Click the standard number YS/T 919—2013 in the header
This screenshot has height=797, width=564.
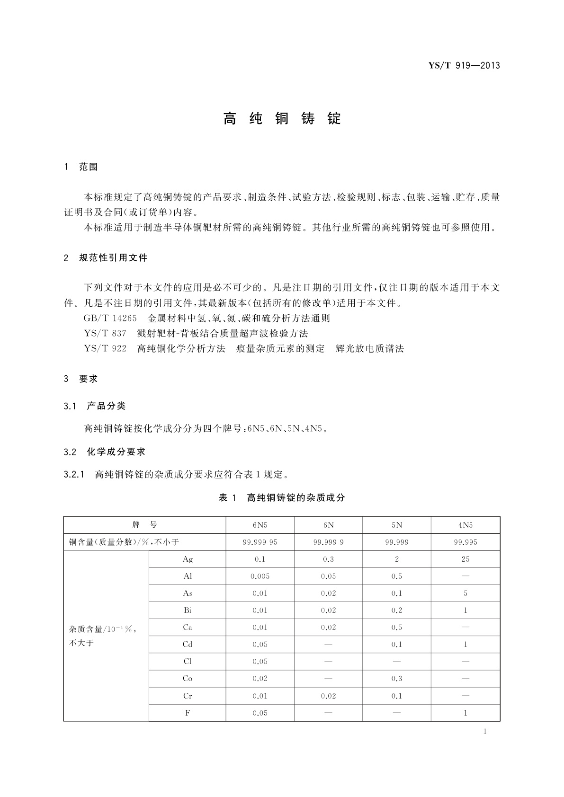click(464, 66)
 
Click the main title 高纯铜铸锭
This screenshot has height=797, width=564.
click(282, 118)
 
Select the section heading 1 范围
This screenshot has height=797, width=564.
click(81, 167)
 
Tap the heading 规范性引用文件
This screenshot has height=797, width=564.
click(113, 258)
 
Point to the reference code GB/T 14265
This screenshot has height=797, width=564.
click(110, 319)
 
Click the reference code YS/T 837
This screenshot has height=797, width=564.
click(105, 334)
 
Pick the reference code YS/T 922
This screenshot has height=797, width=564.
click(105, 349)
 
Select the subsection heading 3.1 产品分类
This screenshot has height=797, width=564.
click(95, 406)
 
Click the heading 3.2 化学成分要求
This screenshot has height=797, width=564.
click(104, 452)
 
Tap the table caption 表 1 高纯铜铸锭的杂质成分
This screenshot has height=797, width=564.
click(282, 497)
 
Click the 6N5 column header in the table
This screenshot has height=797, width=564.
click(260, 525)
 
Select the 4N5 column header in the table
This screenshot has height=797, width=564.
click(465, 525)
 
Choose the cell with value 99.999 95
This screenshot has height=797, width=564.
click(260, 542)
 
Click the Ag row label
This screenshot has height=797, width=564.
click(188, 559)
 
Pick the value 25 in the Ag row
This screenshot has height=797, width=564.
click(465, 559)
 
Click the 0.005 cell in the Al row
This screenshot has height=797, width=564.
click(260, 576)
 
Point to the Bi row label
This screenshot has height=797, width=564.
click(188, 611)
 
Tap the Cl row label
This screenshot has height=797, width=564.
click(188, 662)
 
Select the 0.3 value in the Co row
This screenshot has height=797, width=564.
click(397, 679)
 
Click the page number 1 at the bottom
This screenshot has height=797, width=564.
click(485, 732)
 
